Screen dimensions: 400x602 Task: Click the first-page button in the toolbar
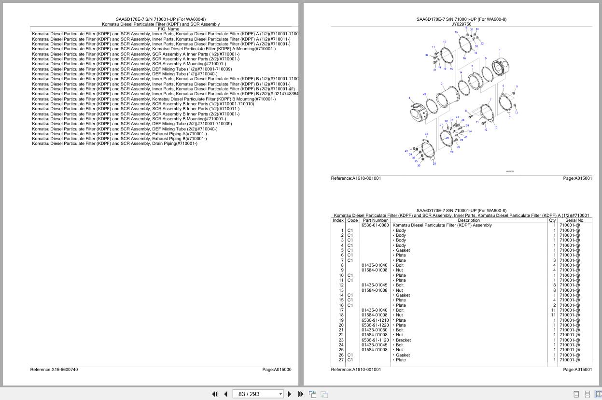click(x=215, y=394)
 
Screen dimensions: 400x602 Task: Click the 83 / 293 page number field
click(x=255, y=394)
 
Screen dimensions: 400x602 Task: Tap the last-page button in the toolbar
click(x=301, y=394)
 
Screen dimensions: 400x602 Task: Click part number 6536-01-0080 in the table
click(x=375, y=225)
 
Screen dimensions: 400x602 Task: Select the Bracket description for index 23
click(x=403, y=340)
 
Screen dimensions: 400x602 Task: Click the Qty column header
click(x=552, y=220)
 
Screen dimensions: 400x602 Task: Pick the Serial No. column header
click(x=574, y=220)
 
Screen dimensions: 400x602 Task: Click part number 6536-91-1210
click(x=375, y=320)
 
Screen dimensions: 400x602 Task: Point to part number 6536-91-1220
click(x=375, y=325)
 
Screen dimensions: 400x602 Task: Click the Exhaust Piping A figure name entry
click(x=119, y=134)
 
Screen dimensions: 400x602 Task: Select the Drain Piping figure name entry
click(x=114, y=143)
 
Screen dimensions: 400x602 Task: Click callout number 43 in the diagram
click(x=426, y=134)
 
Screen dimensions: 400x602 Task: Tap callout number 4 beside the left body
click(x=409, y=98)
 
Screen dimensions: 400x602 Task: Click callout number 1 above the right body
click(x=500, y=50)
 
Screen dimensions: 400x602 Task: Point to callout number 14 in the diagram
click(x=461, y=72)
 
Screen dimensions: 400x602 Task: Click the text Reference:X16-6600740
click(x=54, y=370)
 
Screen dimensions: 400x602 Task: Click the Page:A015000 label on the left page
click(x=277, y=370)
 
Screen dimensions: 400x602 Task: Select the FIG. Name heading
click(x=168, y=29)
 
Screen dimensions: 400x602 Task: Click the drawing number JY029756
click(x=462, y=24)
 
